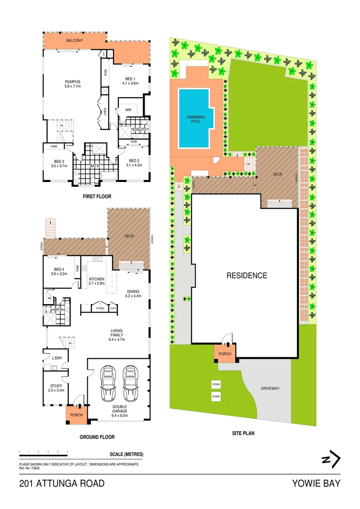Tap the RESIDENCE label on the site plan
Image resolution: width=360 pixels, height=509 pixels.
247,276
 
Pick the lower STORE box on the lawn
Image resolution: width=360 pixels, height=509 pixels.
216,396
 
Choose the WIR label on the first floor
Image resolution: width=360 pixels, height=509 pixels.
128,110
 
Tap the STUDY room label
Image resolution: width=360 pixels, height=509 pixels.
56,388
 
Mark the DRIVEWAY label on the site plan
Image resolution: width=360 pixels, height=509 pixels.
270,389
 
